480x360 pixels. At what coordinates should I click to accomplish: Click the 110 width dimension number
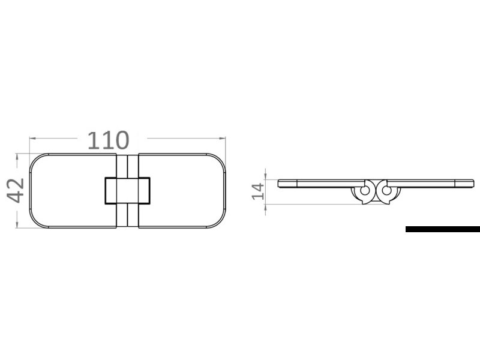108,140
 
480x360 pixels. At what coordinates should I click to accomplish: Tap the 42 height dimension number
16,190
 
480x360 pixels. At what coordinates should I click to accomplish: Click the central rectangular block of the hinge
127,191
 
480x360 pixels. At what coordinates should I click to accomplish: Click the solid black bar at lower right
442,229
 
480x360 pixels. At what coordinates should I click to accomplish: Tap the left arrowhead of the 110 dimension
32,138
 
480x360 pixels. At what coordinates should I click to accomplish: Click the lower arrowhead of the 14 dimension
266,203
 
